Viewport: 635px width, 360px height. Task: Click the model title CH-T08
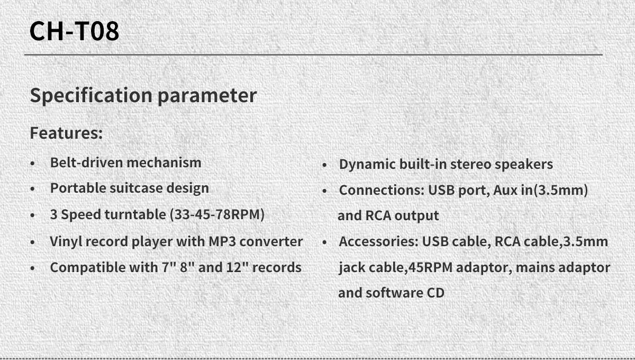74,31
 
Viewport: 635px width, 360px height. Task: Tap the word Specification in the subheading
91,96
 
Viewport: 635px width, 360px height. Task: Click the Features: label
66,133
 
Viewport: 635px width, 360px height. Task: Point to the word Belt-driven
86,163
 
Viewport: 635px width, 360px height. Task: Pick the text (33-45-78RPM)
217,214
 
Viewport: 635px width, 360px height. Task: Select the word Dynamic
367,165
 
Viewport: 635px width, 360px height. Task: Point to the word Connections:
382,190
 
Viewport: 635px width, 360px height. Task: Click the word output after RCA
417,216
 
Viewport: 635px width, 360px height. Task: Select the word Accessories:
378,241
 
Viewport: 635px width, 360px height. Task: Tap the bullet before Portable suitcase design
32,188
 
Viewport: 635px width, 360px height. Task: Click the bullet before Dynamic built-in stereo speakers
324,165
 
